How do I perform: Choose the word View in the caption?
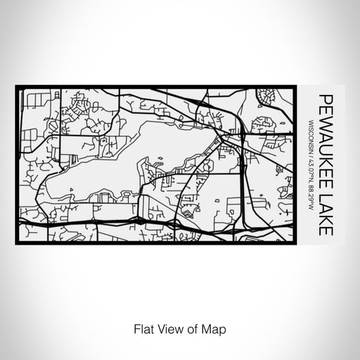coord(165,328)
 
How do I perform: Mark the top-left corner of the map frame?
coord(15,86)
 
